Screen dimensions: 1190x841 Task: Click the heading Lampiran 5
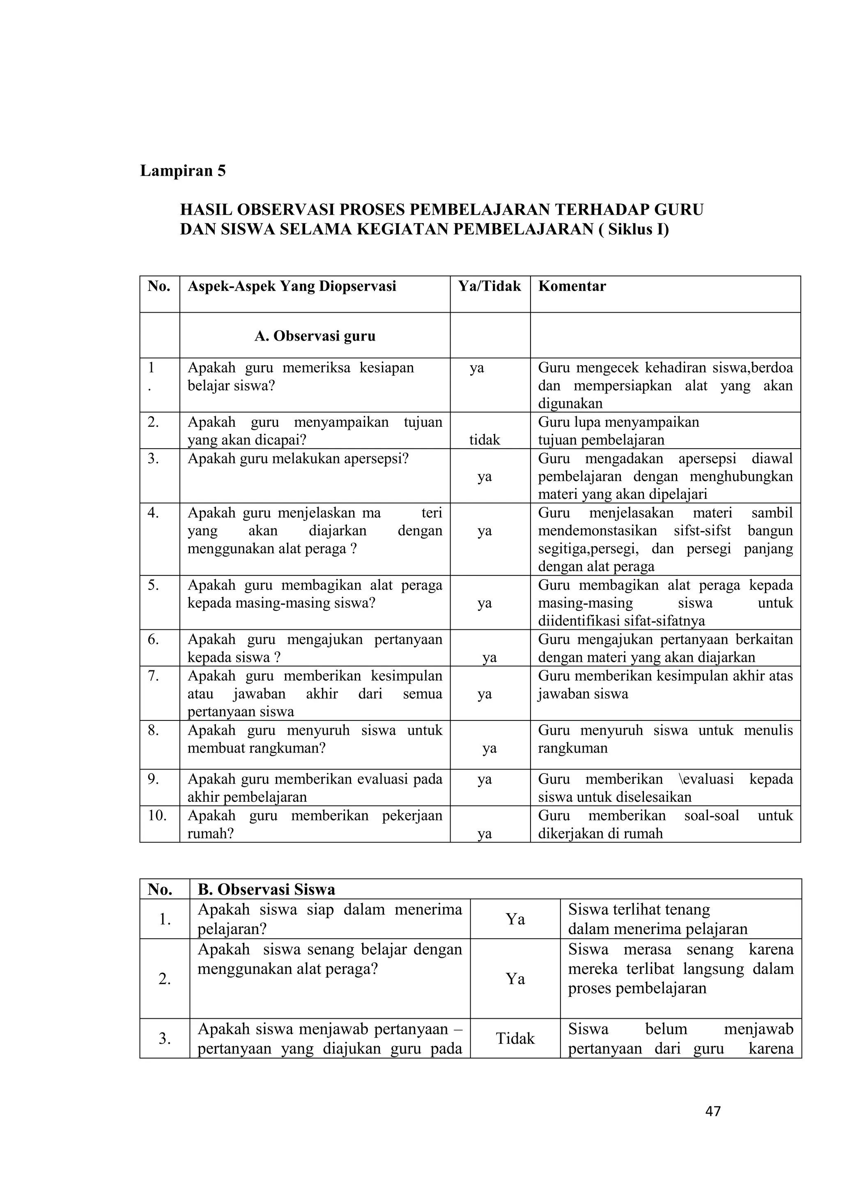coord(183,170)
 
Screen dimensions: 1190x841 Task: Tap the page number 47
coord(713,1111)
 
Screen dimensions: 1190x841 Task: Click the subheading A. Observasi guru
coord(315,336)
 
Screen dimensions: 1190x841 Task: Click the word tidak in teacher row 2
coord(485,440)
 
